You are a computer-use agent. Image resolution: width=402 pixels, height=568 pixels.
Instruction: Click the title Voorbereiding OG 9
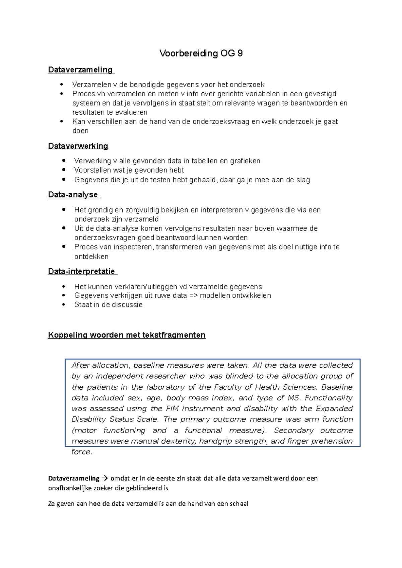(201, 53)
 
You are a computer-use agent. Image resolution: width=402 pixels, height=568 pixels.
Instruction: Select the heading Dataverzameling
(80, 70)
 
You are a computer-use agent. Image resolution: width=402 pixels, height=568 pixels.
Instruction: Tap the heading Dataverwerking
(78, 146)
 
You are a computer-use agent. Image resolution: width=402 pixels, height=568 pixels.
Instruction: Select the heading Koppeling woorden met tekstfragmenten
(127, 335)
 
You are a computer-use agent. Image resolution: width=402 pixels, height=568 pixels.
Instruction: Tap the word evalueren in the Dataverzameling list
(131, 112)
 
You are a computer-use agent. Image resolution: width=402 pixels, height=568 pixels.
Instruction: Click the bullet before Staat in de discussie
(64, 305)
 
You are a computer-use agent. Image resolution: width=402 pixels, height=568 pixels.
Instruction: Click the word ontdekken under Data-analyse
(91, 257)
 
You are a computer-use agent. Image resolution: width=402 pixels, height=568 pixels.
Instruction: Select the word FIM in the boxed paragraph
(172, 408)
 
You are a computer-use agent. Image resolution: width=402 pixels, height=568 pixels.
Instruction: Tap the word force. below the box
(81, 452)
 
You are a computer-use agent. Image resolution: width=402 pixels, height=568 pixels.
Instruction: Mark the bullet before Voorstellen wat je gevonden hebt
(64, 170)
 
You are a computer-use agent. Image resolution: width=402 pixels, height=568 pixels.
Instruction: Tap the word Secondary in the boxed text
(293, 430)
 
